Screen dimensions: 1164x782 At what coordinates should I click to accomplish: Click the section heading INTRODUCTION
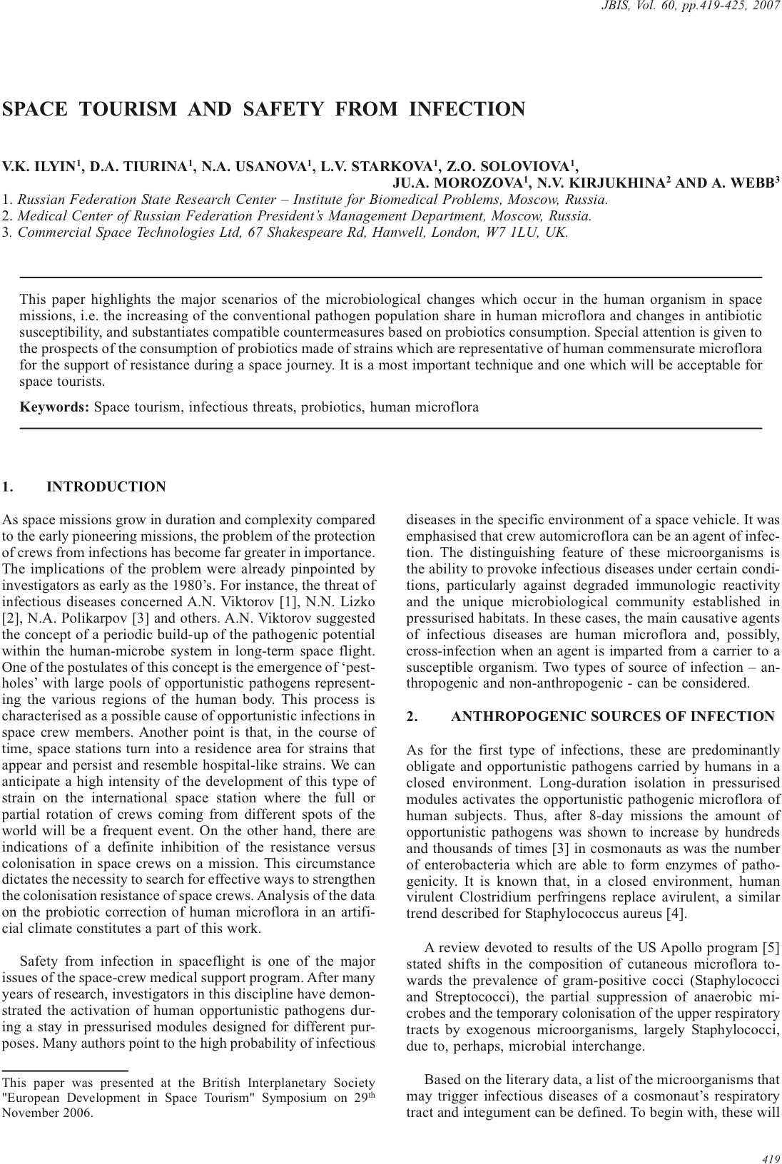click(106, 487)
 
